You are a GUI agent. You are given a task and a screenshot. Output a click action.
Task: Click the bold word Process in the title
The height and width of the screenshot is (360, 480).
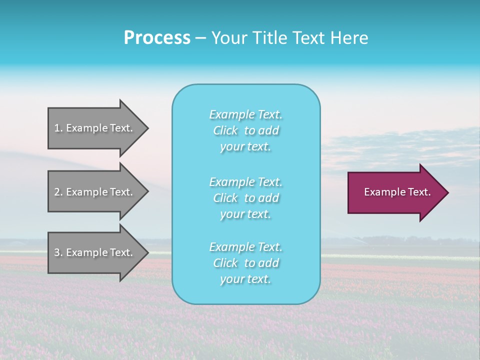[x=157, y=38]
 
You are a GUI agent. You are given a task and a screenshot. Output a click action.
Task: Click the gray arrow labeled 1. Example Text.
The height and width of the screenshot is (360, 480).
[x=95, y=128]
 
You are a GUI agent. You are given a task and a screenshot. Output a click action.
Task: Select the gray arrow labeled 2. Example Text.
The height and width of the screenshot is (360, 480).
[x=95, y=192]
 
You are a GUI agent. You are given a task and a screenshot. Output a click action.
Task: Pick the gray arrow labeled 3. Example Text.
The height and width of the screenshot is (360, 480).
[x=95, y=252]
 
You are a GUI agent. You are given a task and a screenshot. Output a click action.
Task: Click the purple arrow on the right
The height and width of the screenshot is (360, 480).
[x=395, y=192]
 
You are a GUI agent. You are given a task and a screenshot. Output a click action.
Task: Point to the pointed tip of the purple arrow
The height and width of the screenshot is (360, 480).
[x=446, y=192]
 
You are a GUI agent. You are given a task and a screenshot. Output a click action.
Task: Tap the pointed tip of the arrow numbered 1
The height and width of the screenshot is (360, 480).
[x=146, y=128]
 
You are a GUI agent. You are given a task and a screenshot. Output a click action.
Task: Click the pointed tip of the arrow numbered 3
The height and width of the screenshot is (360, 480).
[x=146, y=253]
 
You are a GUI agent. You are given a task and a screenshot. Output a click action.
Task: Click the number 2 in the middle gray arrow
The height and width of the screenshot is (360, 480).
[x=57, y=192]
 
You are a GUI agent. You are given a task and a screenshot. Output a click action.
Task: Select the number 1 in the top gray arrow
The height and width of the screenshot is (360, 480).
[x=57, y=128]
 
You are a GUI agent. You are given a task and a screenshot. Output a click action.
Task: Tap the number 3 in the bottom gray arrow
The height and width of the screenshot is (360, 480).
[x=57, y=252]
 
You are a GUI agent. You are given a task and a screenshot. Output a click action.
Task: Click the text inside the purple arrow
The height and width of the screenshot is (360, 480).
[x=397, y=192]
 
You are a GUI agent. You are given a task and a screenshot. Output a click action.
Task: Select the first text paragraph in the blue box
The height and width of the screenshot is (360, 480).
[x=246, y=130]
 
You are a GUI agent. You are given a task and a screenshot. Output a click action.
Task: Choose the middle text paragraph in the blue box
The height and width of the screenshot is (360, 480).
[x=246, y=198]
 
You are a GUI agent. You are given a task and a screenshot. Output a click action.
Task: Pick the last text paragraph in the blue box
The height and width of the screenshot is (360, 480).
[x=246, y=263]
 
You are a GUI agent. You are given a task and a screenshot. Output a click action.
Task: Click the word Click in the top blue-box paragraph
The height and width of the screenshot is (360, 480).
[x=225, y=130]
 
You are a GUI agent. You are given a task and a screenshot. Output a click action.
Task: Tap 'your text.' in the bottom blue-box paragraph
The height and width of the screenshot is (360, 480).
[x=245, y=279]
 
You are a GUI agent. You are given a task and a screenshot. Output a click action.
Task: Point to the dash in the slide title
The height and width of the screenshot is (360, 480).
[x=201, y=38]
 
